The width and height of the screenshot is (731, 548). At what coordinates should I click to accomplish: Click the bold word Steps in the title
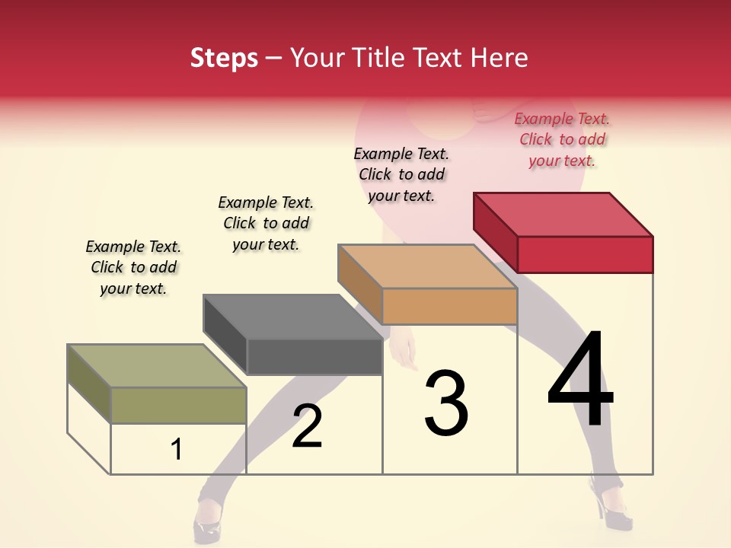[224, 59]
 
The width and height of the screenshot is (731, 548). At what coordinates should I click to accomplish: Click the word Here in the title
[500, 59]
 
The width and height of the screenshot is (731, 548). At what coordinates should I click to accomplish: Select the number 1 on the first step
[177, 449]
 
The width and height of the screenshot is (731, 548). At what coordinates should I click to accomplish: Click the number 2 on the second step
[307, 426]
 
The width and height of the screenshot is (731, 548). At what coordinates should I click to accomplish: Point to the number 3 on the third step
[446, 403]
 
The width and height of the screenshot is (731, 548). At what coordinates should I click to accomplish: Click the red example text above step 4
[562, 140]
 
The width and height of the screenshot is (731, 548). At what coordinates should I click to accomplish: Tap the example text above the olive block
[133, 267]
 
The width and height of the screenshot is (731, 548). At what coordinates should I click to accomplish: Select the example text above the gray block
[266, 223]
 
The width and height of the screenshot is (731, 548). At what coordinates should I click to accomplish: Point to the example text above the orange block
[401, 174]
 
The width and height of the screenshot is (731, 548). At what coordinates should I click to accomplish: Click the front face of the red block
[585, 254]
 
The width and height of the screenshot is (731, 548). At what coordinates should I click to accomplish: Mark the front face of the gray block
[314, 356]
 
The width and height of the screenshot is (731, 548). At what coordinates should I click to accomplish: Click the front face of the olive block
[178, 405]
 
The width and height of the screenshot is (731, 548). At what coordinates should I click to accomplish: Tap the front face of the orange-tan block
[449, 306]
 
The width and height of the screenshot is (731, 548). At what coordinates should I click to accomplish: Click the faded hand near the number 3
[404, 352]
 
